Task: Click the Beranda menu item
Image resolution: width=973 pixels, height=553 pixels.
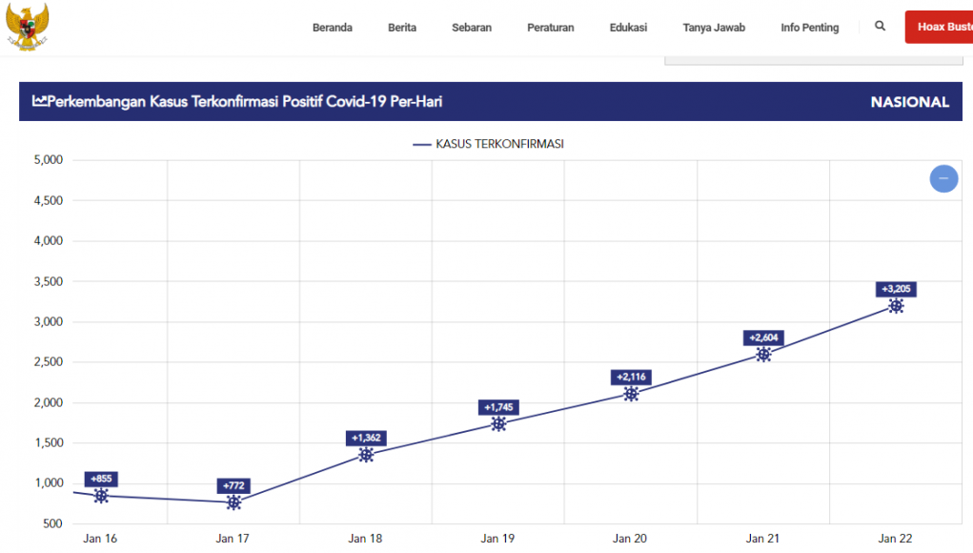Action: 332,28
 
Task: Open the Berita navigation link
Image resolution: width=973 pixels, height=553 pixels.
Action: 402,28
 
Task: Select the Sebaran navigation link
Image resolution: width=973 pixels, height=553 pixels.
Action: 472,28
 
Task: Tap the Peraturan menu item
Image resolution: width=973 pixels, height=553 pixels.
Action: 550,28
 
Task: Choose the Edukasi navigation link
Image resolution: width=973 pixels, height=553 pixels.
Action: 628,28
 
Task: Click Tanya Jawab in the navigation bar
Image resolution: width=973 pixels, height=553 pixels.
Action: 714,28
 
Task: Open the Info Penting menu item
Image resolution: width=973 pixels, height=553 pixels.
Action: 809,28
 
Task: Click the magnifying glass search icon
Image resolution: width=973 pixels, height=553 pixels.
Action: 880,26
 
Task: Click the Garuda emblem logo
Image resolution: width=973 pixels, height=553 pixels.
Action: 27,26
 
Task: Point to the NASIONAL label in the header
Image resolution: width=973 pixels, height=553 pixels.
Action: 909,102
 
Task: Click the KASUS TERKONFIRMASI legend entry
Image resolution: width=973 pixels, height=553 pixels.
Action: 488,144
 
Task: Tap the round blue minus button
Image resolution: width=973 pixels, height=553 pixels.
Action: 943,178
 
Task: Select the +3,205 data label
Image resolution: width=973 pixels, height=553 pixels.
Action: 896,289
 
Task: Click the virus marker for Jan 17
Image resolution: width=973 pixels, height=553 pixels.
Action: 233,502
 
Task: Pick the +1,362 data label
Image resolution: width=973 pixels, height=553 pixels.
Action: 366,438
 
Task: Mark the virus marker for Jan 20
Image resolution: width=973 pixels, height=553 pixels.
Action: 631,394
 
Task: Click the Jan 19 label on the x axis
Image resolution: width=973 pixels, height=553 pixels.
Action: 497,539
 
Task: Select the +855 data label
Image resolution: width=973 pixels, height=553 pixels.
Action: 101,479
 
